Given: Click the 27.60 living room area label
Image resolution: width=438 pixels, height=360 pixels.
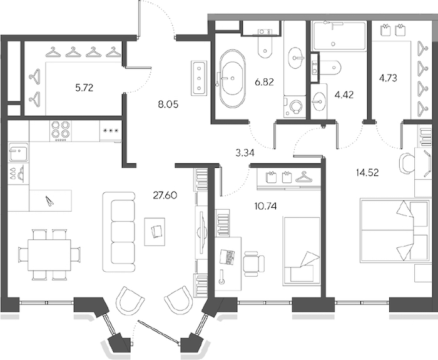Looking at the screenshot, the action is tap(165, 195).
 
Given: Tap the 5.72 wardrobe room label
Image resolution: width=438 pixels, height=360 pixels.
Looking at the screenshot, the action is tap(84, 88).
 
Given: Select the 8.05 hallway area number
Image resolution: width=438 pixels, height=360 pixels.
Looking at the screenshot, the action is tap(168, 105).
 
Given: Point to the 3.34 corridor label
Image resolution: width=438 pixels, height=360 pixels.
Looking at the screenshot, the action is tap(245, 153).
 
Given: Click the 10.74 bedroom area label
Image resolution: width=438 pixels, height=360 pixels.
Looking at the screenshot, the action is tap(266, 207).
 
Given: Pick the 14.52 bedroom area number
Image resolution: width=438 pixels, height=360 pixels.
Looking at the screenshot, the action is tap(367, 173).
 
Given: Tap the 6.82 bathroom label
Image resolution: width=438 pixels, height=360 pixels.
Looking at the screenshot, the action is tap(264, 82).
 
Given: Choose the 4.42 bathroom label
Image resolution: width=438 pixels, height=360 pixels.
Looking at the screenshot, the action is tap(344, 95).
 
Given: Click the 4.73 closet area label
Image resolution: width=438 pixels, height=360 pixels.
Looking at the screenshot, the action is tap(388, 78).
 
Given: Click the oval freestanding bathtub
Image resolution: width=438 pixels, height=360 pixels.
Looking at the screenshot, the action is tap(232, 78).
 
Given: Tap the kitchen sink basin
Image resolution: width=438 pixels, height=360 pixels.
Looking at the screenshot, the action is tap(18, 152).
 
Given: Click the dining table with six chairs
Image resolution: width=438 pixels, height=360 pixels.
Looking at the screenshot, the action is tap(49, 255).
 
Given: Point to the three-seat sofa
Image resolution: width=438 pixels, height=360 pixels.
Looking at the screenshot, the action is tap(119, 232).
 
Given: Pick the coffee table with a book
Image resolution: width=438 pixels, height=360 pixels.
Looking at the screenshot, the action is tap(155, 232).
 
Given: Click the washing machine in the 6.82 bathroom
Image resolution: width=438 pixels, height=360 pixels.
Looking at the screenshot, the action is tap(295, 106).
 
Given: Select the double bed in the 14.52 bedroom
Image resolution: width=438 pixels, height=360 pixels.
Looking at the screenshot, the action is tap(395, 230).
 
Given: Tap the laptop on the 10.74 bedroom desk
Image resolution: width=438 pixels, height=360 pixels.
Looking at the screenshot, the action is tap(227, 257).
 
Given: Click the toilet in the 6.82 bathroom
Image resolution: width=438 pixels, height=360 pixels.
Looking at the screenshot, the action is tap(265, 47).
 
